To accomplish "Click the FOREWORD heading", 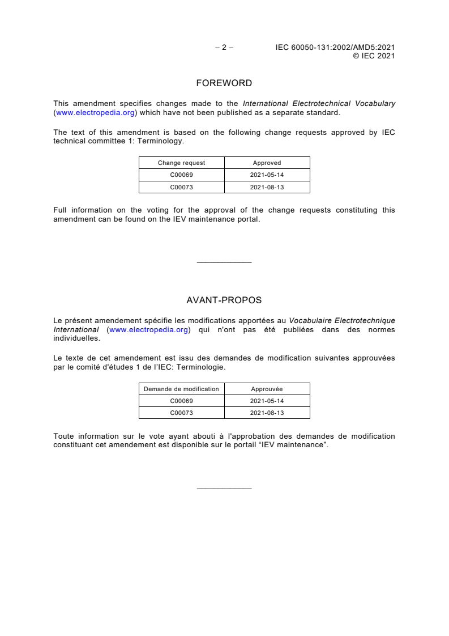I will [x=224, y=83].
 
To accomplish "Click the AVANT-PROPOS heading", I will [x=224, y=300].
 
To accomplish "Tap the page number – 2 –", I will [x=224, y=48].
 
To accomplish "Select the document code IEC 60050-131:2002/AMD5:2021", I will [x=335, y=48].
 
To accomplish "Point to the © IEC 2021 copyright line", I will [x=374, y=56].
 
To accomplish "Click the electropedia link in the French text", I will [x=148, y=329].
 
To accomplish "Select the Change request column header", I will [x=181, y=163].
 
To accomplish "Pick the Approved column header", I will [x=267, y=163].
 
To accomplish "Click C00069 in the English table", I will [x=181, y=175].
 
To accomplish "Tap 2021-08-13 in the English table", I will [x=267, y=186].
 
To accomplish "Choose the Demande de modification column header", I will [x=181, y=389].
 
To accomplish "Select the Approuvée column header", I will [x=267, y=389].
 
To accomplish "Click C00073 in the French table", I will [x=181, y=413].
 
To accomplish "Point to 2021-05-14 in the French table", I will [x=267, y=401].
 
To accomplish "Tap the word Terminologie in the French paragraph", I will [x=202, y=367].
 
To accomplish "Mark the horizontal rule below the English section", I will [x=224, y=262].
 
